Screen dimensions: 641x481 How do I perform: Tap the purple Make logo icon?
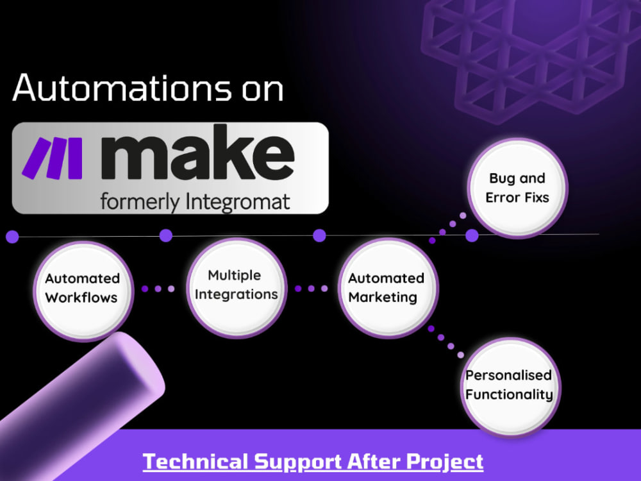tap(53, 158)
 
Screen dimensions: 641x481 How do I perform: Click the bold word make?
tap(197, 153)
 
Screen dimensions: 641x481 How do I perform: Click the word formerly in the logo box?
tap(140, 203)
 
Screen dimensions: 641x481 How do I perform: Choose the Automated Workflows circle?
tap(83, 291)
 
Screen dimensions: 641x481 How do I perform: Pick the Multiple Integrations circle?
tap(237, 288)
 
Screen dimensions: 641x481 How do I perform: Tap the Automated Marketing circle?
tap(388, 288)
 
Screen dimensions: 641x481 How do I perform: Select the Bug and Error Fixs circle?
tap(517, 188)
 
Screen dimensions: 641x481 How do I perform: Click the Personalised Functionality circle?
tap(511, 387)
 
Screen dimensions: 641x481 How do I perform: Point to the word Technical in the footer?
tap(196, 461)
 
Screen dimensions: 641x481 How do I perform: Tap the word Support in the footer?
tap(297, 461)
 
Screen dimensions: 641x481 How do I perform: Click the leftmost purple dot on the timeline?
tap(12, 237)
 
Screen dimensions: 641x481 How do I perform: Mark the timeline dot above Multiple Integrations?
tap(165, 235)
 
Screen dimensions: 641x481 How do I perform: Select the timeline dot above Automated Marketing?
tap(319, 235)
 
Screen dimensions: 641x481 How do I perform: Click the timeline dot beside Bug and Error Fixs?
tap(472, 235)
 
